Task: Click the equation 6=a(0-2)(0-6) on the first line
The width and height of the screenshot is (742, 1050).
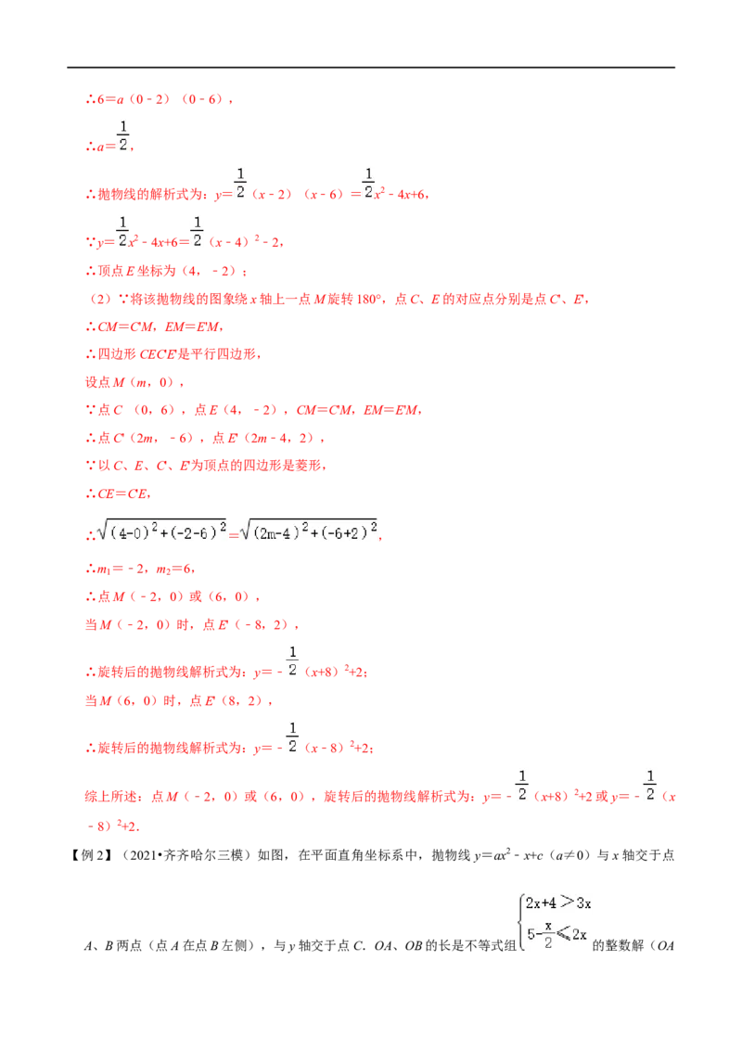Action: [160, 100]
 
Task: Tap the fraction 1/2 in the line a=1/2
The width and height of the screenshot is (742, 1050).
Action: [123, 136]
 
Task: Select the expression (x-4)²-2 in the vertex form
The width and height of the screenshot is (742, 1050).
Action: [244, 242]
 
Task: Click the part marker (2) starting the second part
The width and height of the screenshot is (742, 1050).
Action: [100, 300]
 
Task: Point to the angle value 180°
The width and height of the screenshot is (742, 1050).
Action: [368, 300]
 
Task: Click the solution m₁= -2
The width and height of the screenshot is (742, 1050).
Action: [121, 570]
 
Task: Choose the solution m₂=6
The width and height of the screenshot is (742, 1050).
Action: [174, 570]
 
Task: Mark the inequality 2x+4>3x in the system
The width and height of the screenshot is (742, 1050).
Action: [557, 903]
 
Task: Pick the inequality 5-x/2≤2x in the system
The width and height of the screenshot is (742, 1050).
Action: [556, 934]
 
